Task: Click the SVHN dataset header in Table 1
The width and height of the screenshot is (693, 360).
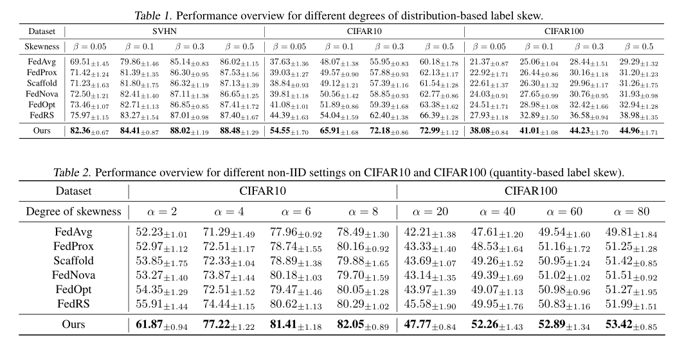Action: coord(163,31)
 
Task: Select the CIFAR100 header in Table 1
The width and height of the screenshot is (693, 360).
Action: coord(562,31)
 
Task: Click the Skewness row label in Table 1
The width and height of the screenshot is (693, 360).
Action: coord(42,46)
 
